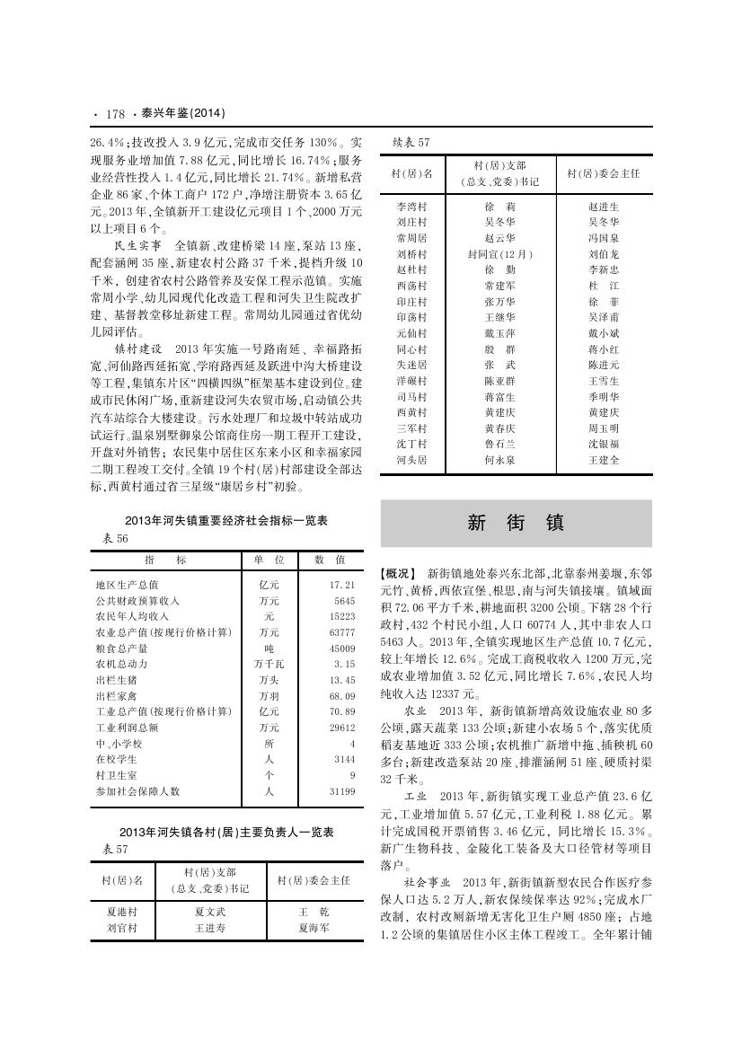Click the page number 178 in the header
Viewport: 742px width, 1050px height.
[115, 114]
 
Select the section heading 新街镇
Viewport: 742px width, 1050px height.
[515, 524]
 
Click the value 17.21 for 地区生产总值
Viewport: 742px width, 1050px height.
[342, 585]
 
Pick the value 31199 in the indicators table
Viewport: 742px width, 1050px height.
[342, 791]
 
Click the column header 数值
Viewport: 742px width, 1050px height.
[323, 560]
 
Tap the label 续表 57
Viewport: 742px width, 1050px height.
[412, 142]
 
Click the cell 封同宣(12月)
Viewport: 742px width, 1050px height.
[499, 254]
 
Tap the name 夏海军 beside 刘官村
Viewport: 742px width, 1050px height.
[314, 927]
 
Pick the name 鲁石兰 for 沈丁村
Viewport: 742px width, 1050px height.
[499, 445]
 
